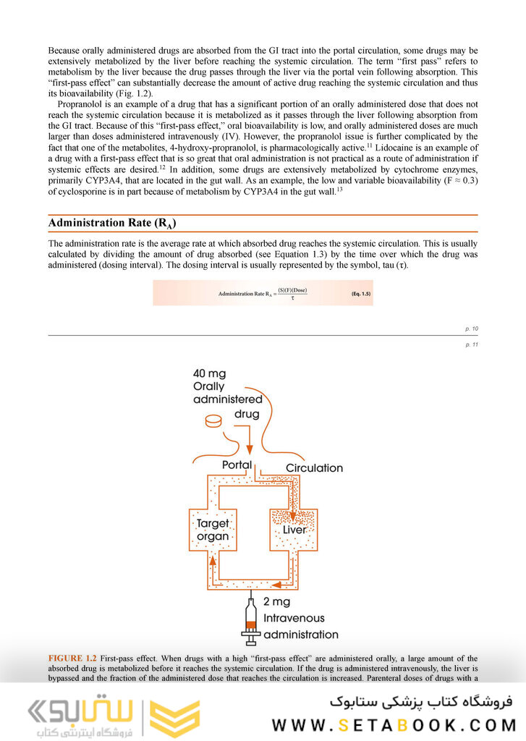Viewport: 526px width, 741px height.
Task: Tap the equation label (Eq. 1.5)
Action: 361,293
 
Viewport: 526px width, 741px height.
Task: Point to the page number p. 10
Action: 472,329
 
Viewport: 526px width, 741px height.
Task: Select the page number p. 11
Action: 472,344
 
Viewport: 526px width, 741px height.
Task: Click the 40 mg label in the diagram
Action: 209,373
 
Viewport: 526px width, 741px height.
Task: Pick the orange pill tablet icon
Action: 215,420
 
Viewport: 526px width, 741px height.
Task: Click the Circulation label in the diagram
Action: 314,467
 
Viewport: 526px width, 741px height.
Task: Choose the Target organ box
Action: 213,530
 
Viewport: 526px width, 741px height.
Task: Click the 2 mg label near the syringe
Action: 278,601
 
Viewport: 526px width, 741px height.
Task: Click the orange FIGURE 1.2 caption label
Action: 72,658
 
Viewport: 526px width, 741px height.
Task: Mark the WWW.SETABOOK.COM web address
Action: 394,725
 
